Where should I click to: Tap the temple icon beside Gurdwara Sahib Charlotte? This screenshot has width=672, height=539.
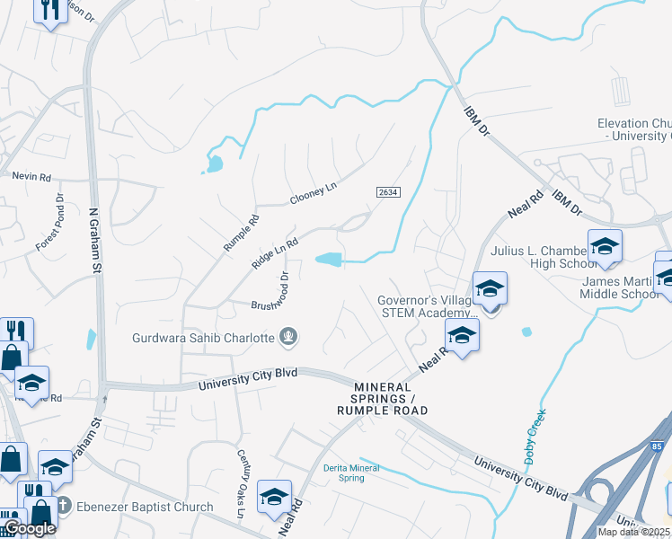pos(289,338)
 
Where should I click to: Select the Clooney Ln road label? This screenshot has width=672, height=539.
pos(312,192)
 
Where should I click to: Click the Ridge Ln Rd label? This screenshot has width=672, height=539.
pos(274,252)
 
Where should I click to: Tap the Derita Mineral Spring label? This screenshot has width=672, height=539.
pos(351,473)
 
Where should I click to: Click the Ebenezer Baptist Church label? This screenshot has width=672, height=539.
pos(145,507)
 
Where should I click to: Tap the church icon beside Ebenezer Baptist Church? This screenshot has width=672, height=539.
pos(63,506)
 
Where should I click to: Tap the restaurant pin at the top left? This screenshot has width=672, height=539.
pos(50,10)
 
